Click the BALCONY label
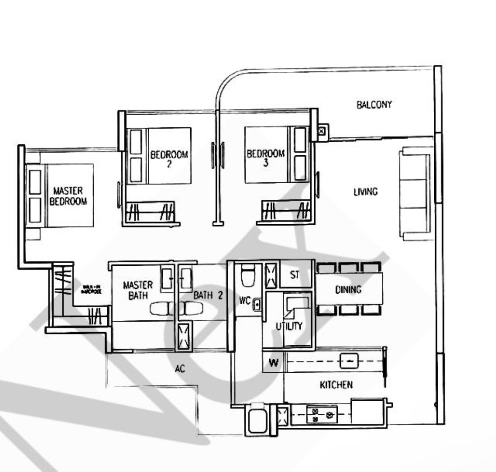click(x=374, y=105)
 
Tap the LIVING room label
click(x=365, y=192)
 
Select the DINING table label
click(x=348, y=290)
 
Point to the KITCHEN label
click(x=336, y=385)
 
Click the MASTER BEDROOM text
click(x=68, y=197)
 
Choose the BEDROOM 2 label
click(x=169, y=158)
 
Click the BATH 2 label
click(x=208, y=296)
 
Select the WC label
click(x=244, y=300)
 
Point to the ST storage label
click(x=294, y=275)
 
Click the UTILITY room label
click(x=289, y=326)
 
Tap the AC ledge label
click(x=180, y=369)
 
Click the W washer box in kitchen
click(x=273, y=363)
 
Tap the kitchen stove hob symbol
click(x=321, y=415)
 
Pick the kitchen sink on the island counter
click(x=349, y=361)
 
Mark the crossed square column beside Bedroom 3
click(x=321, y=131)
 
